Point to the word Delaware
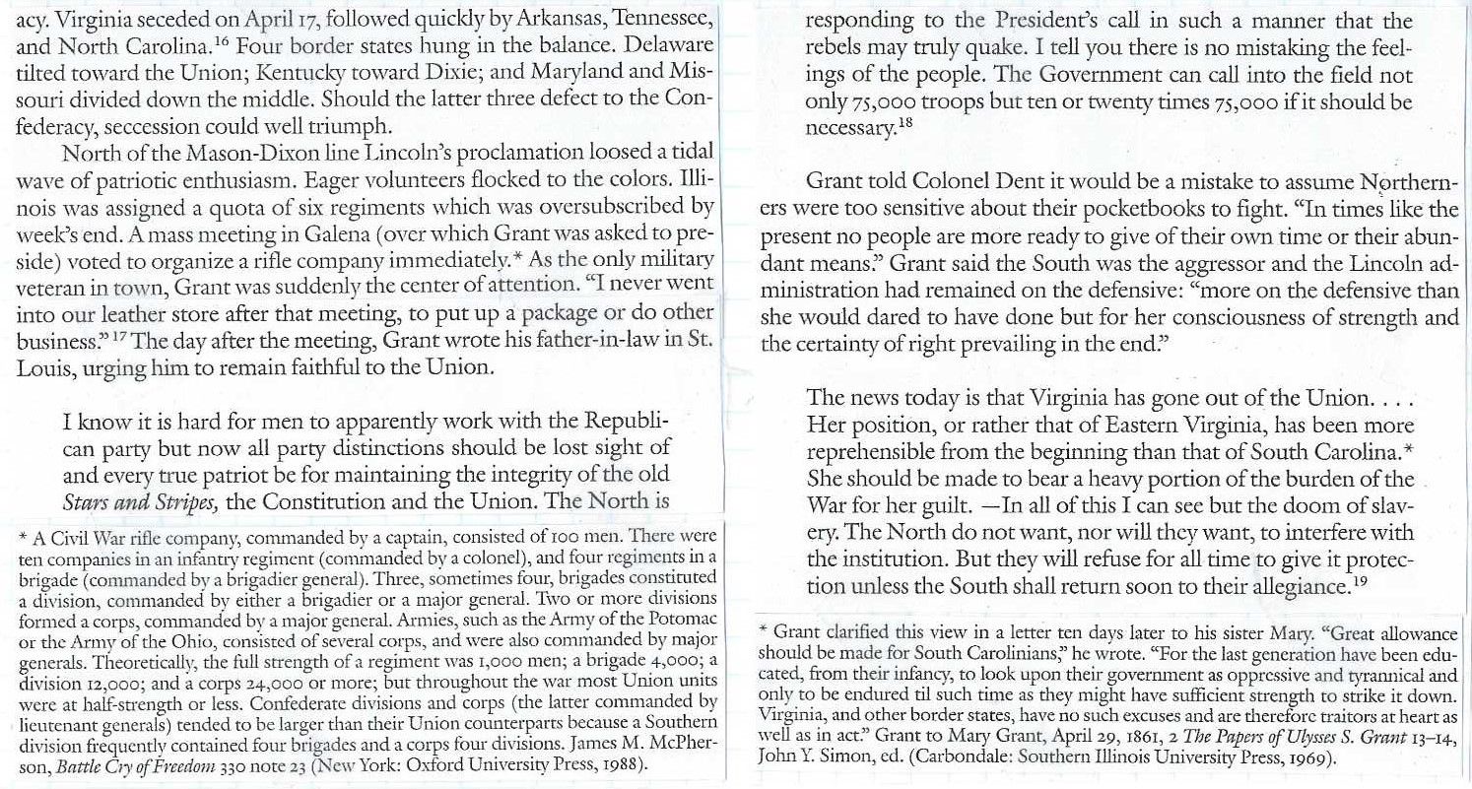tap(665, 43)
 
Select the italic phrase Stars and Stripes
tap(140, 499)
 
